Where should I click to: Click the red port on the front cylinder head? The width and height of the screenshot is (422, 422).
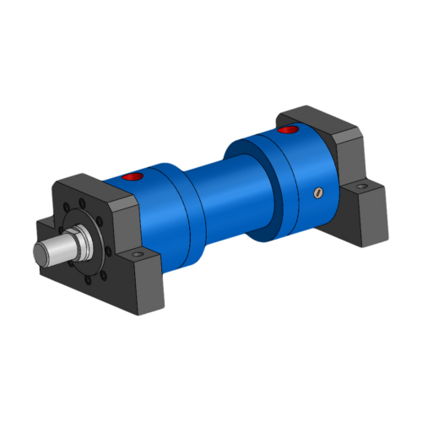pyautogui.click(x=133, y=177)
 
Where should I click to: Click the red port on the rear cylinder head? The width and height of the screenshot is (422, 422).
pyautogui.click(x=289, y=131)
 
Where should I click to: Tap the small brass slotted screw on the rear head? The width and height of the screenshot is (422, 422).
pyautogui.click(x=317, y=193)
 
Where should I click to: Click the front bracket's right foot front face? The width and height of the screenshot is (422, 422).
pyautogui.click(x=148, y=279)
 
